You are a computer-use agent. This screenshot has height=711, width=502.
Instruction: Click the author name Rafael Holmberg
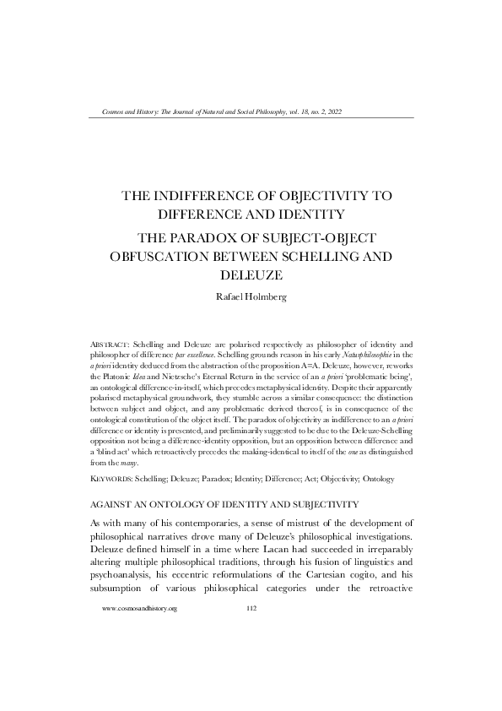pos(251,297)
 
